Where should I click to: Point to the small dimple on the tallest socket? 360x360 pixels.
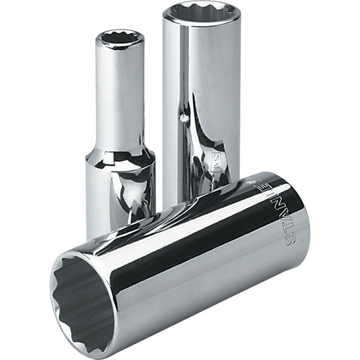tap(185, 119)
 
